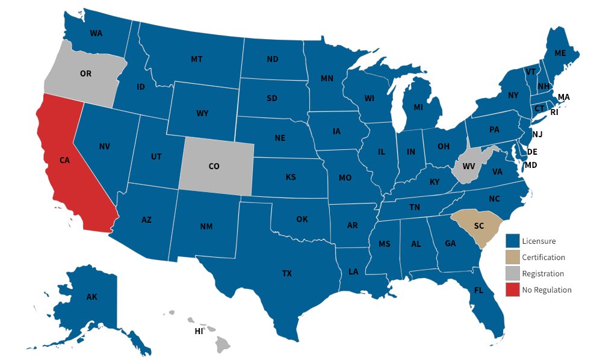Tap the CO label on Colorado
pyautogui.click(x=214, y=166)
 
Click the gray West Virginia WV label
pyautogui.click(x=469, y=166)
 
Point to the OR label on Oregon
pyautogui.click(x=85, y=73)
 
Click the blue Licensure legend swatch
pyautogui.click(x=512, y=241)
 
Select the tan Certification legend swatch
pyautogui.click(x=512, y=257)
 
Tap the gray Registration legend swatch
pyautogui.click(x=512, y=273)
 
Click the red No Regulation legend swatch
pyautogui.click(x=512, y=290)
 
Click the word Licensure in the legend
pyautogui.click(x=539, y=241)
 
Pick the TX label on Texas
pyautogui.click(x=287, y=273)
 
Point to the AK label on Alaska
pyautogui.click(x=91, y=297)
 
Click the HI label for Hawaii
pyautogui.click(x=199, y=331)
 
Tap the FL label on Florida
pyautogui.click(x=478, y=290)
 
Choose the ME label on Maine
pyautogui.click(x=560, y=53)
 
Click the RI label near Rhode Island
pyautogui.click(x=554, y=112)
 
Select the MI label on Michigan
pyautogui.click(x=418, y=108)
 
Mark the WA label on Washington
pyautogui.click(x=96, y=33)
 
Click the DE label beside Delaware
pyautogui.click(x=532, y=152)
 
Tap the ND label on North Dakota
pyautogui.click(x=273, y=59)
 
